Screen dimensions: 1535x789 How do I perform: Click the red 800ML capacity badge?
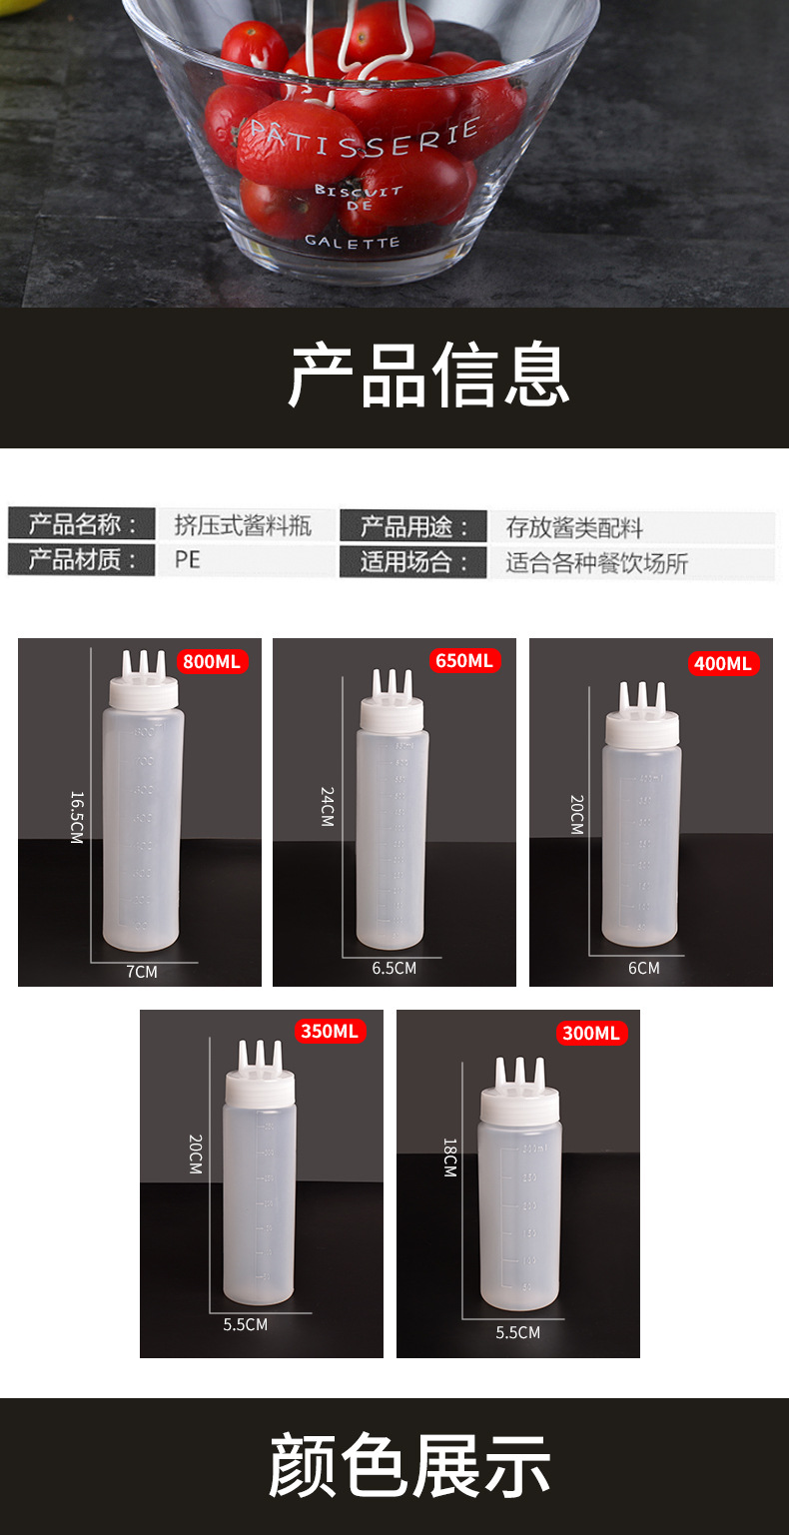click(212, 661)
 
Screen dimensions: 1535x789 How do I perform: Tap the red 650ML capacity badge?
click(463, 661)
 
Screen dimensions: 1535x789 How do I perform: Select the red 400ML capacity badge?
click(722, 663)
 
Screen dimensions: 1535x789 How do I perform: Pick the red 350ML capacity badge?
click(330, 1032)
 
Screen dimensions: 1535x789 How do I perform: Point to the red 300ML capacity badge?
click(591, 1033)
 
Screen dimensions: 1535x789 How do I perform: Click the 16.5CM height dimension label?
click(77, 817)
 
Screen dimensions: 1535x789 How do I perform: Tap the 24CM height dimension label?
click(328, 806)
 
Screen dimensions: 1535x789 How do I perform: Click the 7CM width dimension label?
click(142, 971)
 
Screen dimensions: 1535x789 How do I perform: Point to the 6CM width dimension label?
click(643, 968)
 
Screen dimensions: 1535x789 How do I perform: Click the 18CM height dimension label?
click(450, 1157)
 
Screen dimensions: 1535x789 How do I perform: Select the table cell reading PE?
click(188, 560)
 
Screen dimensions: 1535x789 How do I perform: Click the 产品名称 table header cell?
click(81, 524)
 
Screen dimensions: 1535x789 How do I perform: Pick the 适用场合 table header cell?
click(413, 562)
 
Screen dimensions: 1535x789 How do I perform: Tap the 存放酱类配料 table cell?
click(574, 527)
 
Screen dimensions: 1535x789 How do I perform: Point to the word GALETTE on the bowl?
click(352, 241)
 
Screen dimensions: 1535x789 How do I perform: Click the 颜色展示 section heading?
click(409, 1466)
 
